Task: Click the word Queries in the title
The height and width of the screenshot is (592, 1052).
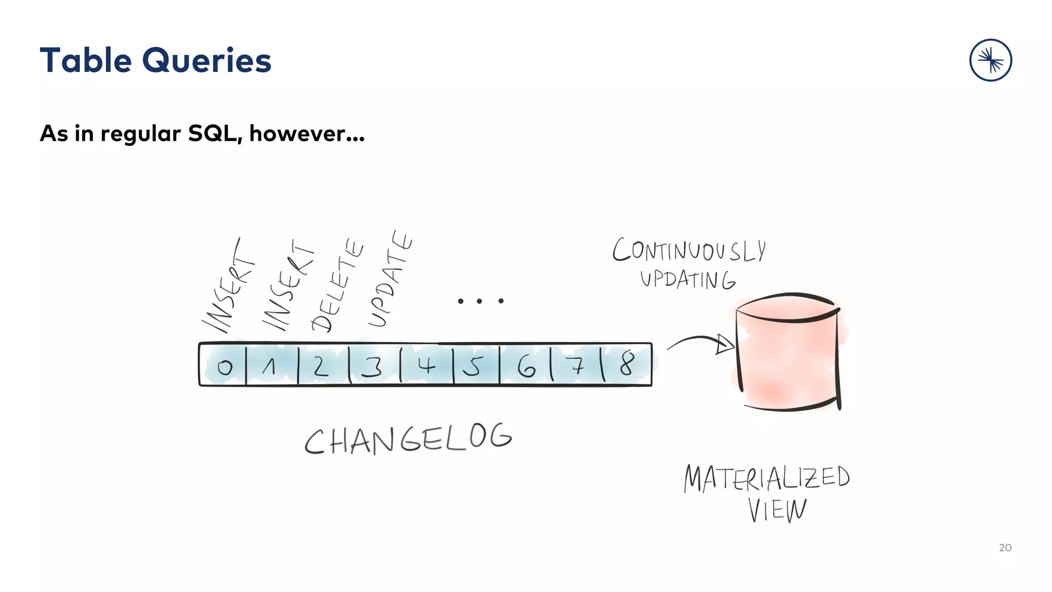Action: point(206,61)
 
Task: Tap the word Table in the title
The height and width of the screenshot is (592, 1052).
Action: point(86,60)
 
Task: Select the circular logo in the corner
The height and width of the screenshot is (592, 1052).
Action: point(990,60)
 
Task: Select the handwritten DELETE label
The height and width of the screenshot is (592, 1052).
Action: point(337,286)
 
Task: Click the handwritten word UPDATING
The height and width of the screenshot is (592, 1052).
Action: point(688,280)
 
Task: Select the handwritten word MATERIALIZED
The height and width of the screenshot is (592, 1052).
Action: point(767,478)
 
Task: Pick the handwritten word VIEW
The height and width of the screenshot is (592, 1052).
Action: point(777,510)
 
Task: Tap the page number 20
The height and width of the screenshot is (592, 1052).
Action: point(1005,548)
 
